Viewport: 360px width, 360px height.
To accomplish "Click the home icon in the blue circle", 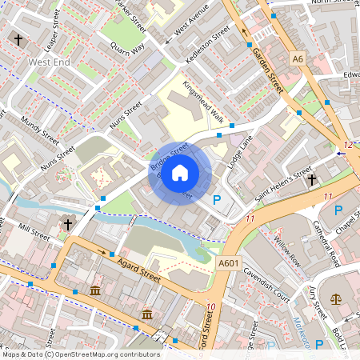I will point(180,173).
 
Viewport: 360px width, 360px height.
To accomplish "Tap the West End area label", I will point(50,62).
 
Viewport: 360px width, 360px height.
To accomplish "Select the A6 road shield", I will point(298,58).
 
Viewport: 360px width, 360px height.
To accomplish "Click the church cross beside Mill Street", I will point(68,225).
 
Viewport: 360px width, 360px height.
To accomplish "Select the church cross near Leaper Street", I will point(18,39).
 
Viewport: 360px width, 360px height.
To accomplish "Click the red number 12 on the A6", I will point(346,145).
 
